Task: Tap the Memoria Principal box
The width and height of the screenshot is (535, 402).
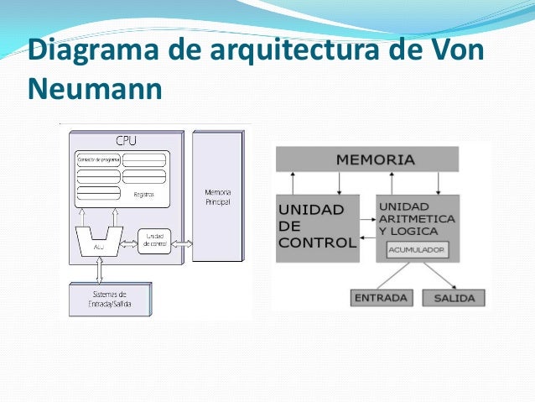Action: [x=217, y=196]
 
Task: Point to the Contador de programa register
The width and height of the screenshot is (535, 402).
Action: [x=97, y=159]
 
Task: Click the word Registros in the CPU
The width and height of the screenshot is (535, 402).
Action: [x=144, y=194]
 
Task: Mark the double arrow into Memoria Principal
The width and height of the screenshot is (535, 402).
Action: [x=182, y=243]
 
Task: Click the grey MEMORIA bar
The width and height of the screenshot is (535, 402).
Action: [x=366, y=159]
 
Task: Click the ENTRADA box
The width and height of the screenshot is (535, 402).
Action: [x=381, y=298]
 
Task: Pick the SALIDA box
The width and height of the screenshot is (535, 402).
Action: [x=454, y=298]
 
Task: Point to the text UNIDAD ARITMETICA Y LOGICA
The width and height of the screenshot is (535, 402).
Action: [x=417, y=217]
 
